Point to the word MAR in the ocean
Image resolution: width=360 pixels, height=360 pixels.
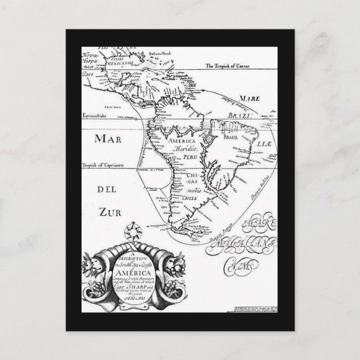107,139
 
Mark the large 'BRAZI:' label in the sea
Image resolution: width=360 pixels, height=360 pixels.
236,116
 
